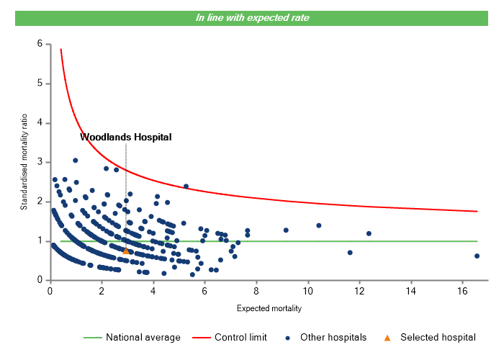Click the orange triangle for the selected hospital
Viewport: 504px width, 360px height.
pyautogui.click(x=126, y=251)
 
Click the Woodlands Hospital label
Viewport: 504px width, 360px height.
pyautogui.click(x=126, y=136)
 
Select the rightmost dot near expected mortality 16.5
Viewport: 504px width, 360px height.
pyautogui.click(x=477, y=256)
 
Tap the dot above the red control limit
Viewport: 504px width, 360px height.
pyautogui.click(x=186, y=186)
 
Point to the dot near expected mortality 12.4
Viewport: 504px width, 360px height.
pyautogui.click(x=369, y=233)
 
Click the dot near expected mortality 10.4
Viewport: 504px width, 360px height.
pyautogui.click(x=319, y=225)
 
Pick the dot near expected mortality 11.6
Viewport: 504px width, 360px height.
pyautogui.click(x=350, y=253)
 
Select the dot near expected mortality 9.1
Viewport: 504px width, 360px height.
pyautogui.click(x=286, y=230)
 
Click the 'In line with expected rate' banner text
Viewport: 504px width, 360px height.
pyautogui.click(x=252, y=18)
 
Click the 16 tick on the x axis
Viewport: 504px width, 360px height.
pyautogui.click(x=462, y=291)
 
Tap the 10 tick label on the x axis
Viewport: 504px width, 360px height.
pyautogui.click(x=307, y=291)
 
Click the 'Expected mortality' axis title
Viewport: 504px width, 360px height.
pyautogui.click(x=269, y=309)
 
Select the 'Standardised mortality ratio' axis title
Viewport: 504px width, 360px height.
pyautogui.click(x=24, y=162)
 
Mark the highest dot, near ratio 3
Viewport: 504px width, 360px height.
pyautogui.click(x=76, y=161)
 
